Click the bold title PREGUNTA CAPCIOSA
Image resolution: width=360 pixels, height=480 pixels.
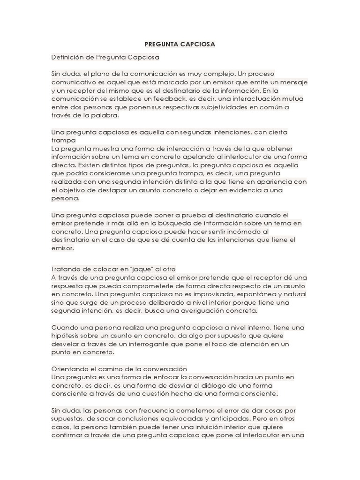[180, 45]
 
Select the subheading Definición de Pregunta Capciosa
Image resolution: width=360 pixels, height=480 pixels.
[105, 57]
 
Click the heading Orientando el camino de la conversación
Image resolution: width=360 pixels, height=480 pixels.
[119, 368]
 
